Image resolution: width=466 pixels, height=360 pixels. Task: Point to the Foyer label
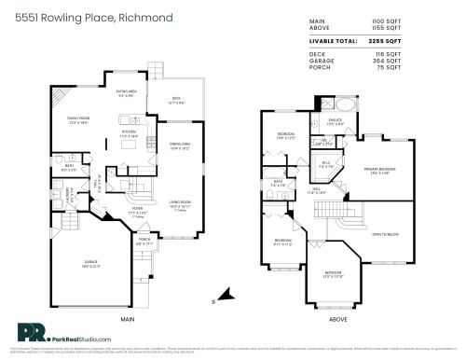[x=137, y=210]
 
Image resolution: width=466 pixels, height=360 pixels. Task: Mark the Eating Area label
[x=127, y=92]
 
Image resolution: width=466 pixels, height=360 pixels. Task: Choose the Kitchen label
[x=130, y=132]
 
